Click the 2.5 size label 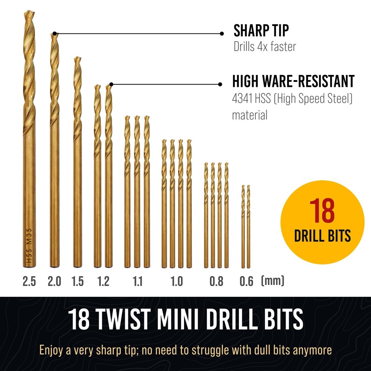click(x=29, y=282)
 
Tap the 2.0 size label click(x=54, y=282)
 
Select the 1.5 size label click(x=77, y=282)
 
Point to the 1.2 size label click(x=103, y=282)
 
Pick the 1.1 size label click(x=137, y=282)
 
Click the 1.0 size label click(x=177, y=282)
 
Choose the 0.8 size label click(x=216, y=282)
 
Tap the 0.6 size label click(x=246, y=282)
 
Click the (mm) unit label click(x=273, y=281)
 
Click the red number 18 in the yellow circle click(x=322, y=211)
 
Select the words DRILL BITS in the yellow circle click(x=322, y=236)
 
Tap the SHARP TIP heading click(x=261, y=31)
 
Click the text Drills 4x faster click(x=265, y=47)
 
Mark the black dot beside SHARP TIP click(x=222, y=33)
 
